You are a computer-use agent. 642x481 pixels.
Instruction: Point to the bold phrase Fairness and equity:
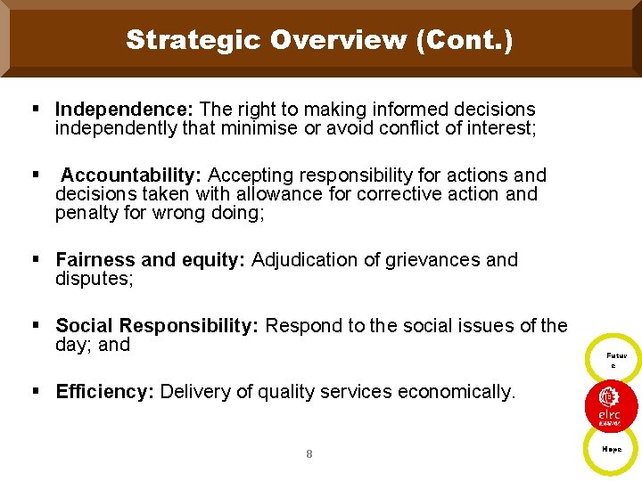click(151, 260)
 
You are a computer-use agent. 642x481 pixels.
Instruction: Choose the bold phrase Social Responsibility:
click(157, 326)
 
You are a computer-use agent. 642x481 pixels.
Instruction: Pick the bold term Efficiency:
click(105, 392)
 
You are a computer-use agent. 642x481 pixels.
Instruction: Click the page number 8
click(309, 454)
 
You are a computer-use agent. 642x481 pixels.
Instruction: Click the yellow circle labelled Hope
click(612, 450)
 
